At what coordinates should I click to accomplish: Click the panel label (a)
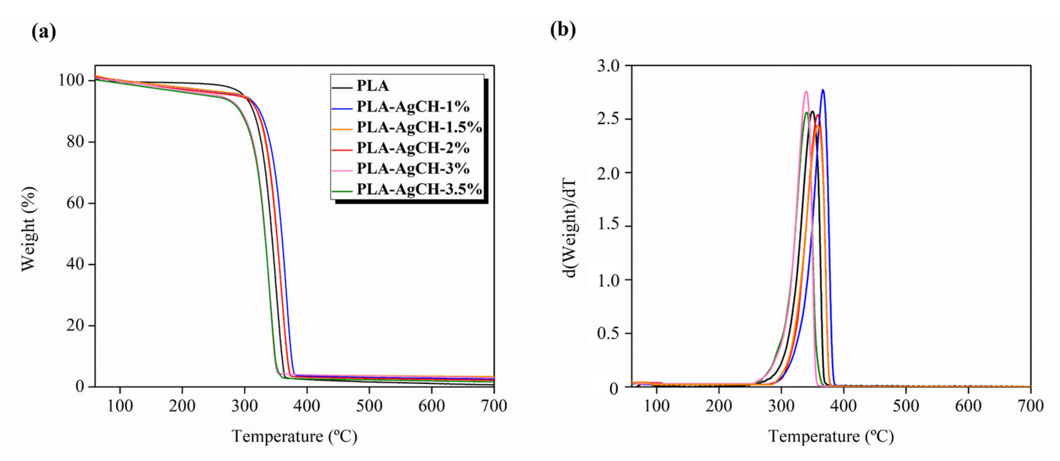(x=43, y=32)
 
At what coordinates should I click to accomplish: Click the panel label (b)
(x=563, y=30)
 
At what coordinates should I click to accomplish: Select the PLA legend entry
(x=372, y=86)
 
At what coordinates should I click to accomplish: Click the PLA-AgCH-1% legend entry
(x=413, y=107)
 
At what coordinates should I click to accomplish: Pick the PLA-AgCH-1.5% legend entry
(x=419, y=128)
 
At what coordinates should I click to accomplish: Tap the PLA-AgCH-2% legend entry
(x=413, y=148)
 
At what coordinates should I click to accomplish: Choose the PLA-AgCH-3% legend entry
(x=413, y=169)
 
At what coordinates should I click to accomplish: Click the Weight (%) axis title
(x=29, y=229)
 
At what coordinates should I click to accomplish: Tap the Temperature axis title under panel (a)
(x=294, y=436)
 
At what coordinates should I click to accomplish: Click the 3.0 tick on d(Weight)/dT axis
(x=608, y=66)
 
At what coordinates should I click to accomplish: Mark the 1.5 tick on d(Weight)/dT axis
(x=608, y=226)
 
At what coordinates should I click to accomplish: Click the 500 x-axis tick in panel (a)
(x=369, y=406)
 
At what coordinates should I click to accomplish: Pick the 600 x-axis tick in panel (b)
(x=968, y=406)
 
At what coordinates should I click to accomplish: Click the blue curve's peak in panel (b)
(x=823, y=90)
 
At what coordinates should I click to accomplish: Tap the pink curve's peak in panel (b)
(x=806, y=91)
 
